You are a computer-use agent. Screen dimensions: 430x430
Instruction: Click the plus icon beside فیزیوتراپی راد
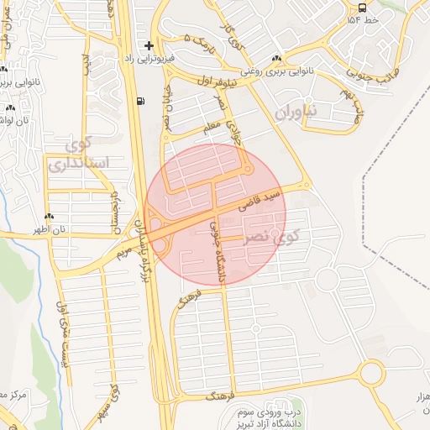[149, 45]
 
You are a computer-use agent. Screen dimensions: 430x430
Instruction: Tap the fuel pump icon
[139, 101]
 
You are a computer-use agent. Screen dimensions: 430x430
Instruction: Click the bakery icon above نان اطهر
[50, 216]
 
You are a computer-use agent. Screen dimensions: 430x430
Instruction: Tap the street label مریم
[124, 249]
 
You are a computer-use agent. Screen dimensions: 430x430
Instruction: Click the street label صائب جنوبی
[365, 78]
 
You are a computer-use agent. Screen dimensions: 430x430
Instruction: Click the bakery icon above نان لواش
[10, 107]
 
